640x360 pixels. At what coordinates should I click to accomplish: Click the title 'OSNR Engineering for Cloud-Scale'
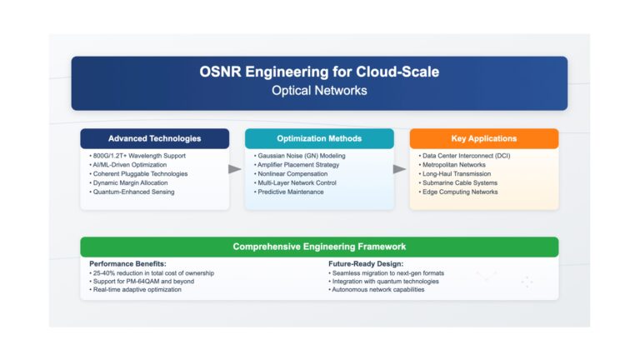tap(319, 72)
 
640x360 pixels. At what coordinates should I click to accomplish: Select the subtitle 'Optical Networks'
tap(319, 91)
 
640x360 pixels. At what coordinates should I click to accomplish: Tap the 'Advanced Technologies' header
tap(155, 139)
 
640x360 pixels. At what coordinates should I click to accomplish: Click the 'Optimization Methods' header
tap(319, 139)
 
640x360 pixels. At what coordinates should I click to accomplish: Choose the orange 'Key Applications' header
tap(484, 139)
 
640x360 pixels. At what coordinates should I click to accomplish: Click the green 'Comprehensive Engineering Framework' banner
tap(319, 247)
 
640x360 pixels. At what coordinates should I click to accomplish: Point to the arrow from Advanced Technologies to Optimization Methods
tap(235, 169)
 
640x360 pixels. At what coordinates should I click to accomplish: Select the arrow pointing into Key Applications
tap(400, 169)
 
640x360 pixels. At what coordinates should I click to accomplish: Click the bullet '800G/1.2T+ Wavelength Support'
tap(137, 156)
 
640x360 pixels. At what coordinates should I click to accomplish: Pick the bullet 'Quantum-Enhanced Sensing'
tap(132, 192)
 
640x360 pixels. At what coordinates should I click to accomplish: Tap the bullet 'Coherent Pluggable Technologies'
tap(139, 174)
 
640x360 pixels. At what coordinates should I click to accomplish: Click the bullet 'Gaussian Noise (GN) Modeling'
tap(300, 156)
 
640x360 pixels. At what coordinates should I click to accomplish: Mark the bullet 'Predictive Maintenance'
tap(289, 192)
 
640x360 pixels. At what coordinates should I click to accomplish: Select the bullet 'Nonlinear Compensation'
tap(291, 174)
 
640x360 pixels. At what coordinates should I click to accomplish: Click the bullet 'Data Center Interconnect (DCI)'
tap(464, 156)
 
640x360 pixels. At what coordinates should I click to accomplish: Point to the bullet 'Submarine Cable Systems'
tap(458, 182)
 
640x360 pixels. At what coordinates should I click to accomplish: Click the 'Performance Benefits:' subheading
tap(127, 264)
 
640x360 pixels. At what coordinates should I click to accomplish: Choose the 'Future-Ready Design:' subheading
tap(366, 264)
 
